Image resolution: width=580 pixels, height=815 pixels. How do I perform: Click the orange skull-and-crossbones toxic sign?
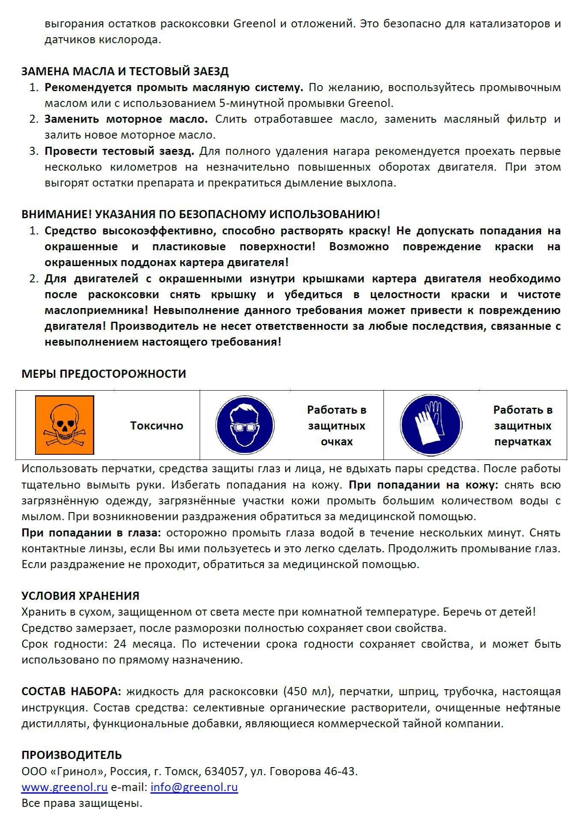[65, 425]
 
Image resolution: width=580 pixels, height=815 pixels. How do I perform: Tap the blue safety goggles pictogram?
[245, 425]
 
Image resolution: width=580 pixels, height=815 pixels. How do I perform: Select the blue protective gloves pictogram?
[431, 425]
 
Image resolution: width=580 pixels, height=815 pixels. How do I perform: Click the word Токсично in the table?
[157, 426]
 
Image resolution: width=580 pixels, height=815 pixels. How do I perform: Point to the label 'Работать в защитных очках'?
[337, 426]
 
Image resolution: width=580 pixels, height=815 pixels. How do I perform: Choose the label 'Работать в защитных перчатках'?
[523, 426]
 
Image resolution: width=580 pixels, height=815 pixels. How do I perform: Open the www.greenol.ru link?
[65, 787]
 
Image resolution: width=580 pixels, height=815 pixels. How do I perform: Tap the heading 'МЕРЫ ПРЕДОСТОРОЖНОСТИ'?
[104, 374]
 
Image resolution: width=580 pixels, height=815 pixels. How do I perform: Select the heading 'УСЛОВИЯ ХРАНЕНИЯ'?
[80, 596]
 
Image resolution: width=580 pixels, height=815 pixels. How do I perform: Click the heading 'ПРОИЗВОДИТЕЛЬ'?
[71, 755]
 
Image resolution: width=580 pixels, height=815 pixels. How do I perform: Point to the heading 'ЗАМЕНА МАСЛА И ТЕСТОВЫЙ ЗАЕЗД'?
[125, 71]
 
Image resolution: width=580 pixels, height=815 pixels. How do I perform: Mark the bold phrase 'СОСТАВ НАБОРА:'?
[71, 692]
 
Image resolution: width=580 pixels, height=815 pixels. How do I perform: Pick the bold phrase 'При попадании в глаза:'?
[92, 533]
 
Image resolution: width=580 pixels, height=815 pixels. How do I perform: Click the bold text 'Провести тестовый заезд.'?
[119, 151]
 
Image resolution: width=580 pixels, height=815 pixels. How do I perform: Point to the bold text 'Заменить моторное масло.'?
[126, 119]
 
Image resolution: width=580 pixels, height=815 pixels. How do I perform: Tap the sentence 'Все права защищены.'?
[82, 803]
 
